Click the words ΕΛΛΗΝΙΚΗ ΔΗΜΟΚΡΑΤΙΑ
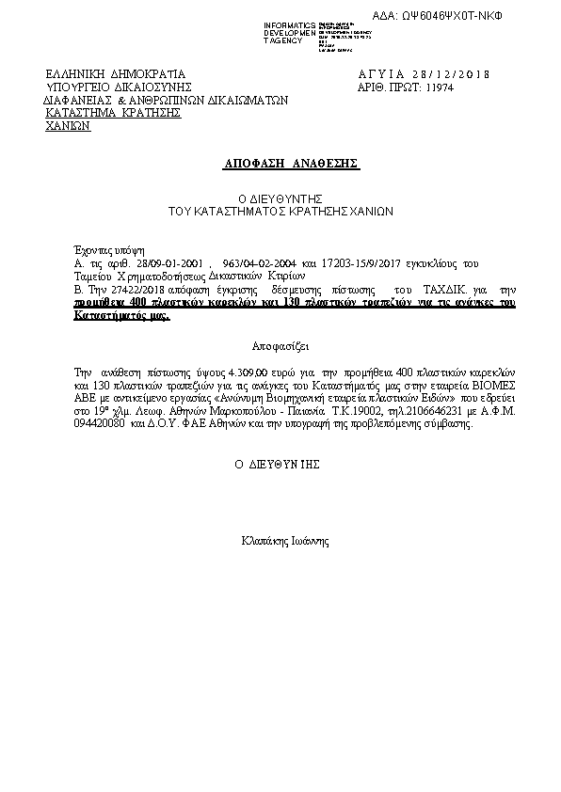point(116,74)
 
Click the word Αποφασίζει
point(280,345)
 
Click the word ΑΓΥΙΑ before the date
point(381,74)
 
